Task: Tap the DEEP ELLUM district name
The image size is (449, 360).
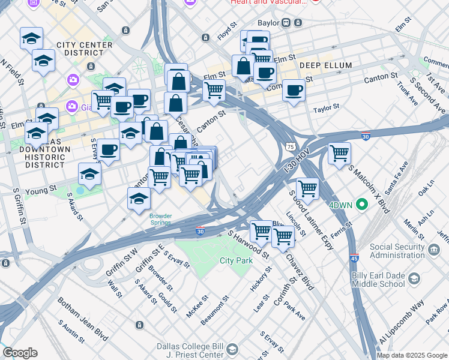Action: pos(324,65)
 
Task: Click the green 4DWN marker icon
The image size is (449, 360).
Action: pos(361,205)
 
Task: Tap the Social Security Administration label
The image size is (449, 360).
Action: pos(405,251)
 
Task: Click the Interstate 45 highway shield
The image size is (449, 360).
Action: pos(355,256)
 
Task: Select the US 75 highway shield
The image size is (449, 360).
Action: pos(290,146)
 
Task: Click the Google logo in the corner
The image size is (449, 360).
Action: pos(20,353)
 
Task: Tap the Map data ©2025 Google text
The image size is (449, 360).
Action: pos(412,355)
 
